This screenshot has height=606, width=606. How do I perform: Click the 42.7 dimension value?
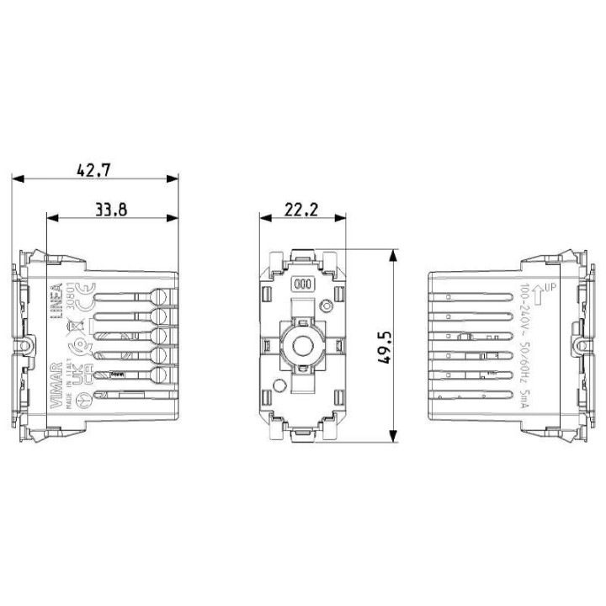(x=93, y=168)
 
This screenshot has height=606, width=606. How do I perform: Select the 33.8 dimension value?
(x=110, y=210)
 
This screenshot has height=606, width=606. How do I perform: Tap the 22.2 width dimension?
(x=300, y=210)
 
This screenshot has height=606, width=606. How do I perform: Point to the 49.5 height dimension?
(x=385, y=345)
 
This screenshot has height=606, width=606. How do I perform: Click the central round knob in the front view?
(x=301, y=345)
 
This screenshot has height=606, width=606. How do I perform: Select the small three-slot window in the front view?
(x=302, y=284)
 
